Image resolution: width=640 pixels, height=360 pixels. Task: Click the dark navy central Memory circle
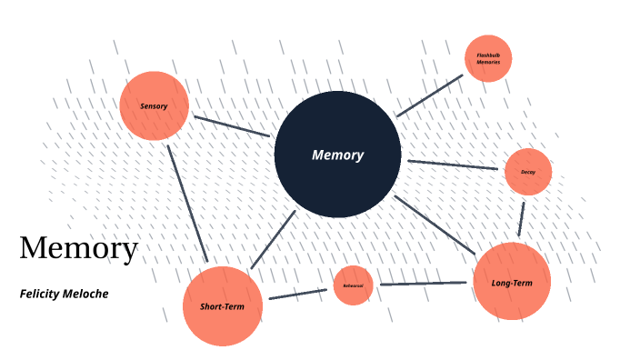coord(337,182)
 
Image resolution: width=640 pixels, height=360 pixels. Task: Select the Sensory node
coord(155,105)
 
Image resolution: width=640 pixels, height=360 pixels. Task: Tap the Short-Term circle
coord(223,306)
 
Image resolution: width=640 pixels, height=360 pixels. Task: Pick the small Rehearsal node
coord(353,285)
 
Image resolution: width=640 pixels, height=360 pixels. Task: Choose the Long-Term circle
coord(512,282)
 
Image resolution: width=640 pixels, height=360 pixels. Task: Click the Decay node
coord(528,172)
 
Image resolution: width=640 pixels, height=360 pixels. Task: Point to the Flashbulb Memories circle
coord(488,59)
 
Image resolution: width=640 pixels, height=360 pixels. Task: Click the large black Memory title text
coord(79,247)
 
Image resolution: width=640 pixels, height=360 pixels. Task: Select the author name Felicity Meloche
coord(64,294)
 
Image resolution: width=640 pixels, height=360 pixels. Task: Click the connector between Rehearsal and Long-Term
coord(423,284)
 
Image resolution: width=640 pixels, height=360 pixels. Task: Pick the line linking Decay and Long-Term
coord(522,217)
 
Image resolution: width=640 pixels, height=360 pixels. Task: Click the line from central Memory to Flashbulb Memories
coord(429,95)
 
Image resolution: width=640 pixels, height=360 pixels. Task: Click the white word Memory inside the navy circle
coord(337,155)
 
